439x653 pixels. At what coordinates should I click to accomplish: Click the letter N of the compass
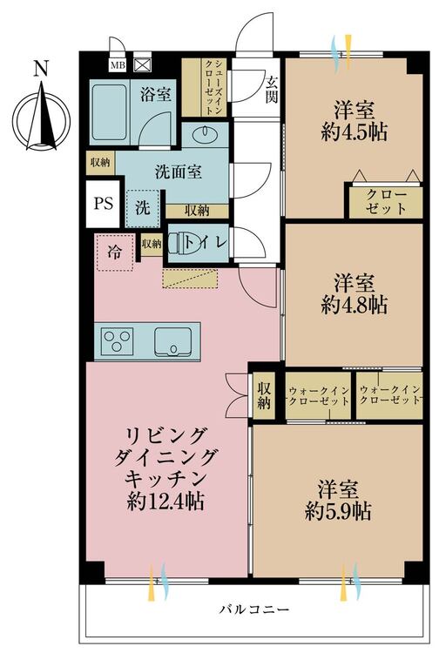click(x=41, y=68)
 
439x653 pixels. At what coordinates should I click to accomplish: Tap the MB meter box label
click(x=118, y=65)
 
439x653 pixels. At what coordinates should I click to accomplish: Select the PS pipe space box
click(x=103, y=204)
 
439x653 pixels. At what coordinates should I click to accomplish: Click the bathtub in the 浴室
click(x=109, y=112)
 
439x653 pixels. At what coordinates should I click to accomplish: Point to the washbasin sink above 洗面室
click(x=205, y=133)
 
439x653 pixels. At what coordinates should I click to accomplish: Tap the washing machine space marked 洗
click(x=143, y=208)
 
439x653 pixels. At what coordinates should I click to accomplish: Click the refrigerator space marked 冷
click(x=115, y=252)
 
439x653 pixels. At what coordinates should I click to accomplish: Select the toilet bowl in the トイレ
click(x=182, y=243)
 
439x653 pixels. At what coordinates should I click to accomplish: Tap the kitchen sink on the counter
click(x=173, y=341)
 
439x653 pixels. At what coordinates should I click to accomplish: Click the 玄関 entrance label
click(x=272, y=90)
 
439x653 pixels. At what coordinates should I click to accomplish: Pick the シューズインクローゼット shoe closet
click(x=204, y=87)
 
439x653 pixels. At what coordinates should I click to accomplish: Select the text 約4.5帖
click(x=355, y=132)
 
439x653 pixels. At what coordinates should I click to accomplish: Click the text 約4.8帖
click(x=355, y=305)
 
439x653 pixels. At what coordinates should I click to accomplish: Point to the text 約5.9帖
click(x=338, y=511)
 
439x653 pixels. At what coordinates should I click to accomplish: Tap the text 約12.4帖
click(x=165, y=502)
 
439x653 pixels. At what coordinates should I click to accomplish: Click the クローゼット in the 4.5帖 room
click(x=386, y=202)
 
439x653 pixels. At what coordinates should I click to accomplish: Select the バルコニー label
click(x=254, y=609)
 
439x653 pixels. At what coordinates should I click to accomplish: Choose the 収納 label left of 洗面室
click(x=100, y=162)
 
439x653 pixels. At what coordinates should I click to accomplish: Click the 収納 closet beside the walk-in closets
click(x=264, y=395)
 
